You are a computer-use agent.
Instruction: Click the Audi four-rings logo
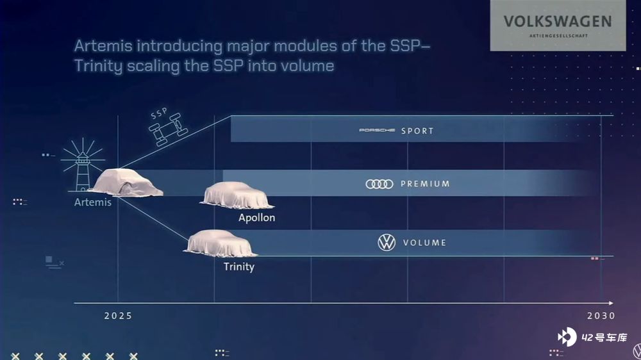coord(379,184)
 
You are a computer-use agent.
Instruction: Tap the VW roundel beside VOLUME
coord(387,242)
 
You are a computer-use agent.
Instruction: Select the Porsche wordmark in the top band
coord(377,130)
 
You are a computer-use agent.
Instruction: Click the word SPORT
coord(417,131)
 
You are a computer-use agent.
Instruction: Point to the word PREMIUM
coord(425,184)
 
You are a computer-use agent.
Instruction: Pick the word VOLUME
coord(424,243)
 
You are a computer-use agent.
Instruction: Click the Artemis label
coord(93,202)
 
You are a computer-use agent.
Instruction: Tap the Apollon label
coord(257,218)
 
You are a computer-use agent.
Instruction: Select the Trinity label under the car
coord(239,267)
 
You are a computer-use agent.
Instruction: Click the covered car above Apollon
coord(237,195)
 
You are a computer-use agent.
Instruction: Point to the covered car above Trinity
coord(220,243)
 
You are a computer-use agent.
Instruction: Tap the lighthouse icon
coord(82,165)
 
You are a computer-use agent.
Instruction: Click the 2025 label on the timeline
coord(118,316)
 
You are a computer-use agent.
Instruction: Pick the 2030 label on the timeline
coord(601,316)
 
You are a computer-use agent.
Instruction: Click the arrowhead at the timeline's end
coord(611,303)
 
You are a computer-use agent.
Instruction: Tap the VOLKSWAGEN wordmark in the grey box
coord(558,21)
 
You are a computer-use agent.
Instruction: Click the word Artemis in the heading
coord(103,45)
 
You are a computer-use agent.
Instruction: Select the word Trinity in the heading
coord(98,66)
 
